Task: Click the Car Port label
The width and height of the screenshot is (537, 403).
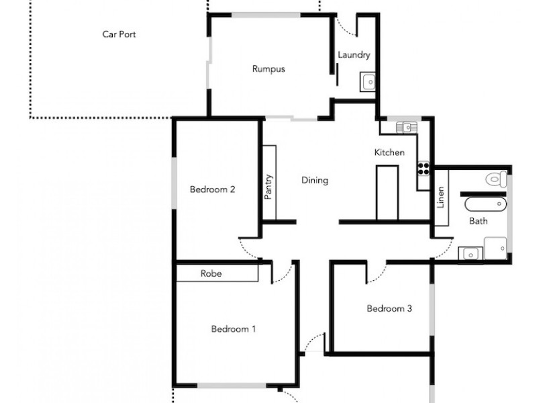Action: click(x=119, y=34)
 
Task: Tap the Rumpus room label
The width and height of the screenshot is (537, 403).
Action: click(x=268, y=69)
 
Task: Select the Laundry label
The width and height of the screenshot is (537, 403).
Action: click(x=354, y=55)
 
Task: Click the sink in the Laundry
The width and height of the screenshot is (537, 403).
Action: click(x=369, y=82)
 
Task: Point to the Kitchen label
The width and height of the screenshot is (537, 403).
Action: click(x=389, y=152)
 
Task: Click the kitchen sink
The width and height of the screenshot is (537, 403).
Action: click(x=406, y=126)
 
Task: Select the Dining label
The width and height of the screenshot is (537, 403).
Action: click(x=314, y=180)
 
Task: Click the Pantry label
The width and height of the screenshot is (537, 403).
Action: click(x=269, y=187)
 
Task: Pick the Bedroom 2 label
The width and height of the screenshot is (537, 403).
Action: click(x=212, y=189)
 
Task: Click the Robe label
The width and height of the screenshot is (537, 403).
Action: click(x=211, y=273)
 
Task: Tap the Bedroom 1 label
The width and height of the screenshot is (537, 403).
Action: click(x=234, y=329)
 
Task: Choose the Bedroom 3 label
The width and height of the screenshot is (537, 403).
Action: click(x=389, y=309)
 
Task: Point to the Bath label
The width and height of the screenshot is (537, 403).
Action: click(x=478, y=220)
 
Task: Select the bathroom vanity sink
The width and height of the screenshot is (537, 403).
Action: click(x=470, y=253)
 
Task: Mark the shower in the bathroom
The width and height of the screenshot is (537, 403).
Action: click(x=497, y=247)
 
